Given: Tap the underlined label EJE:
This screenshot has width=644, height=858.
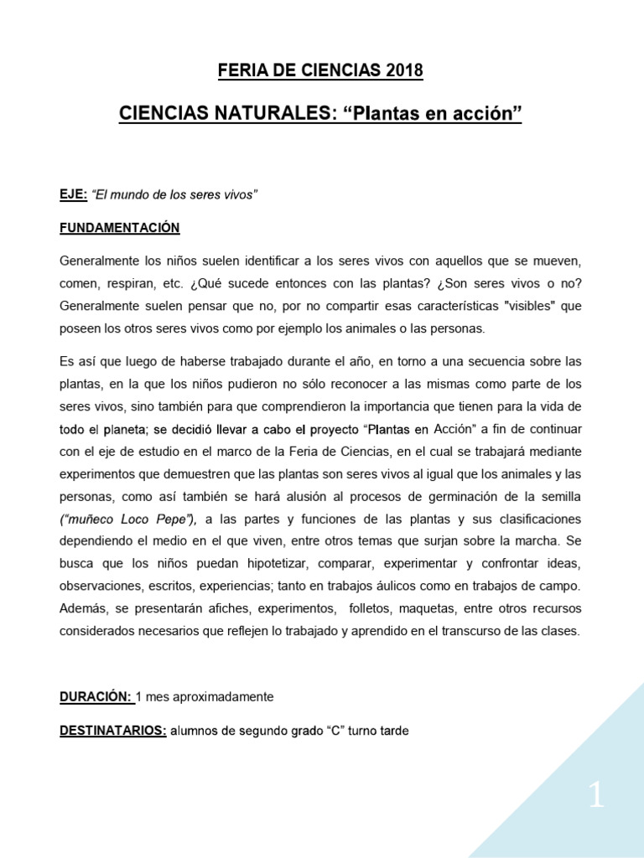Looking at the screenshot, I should point(73,195).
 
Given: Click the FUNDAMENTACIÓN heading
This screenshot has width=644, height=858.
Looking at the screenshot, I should point(119,228).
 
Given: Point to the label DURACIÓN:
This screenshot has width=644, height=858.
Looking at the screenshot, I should point(96,697).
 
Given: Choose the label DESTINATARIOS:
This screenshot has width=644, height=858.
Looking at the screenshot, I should point(112,731).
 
